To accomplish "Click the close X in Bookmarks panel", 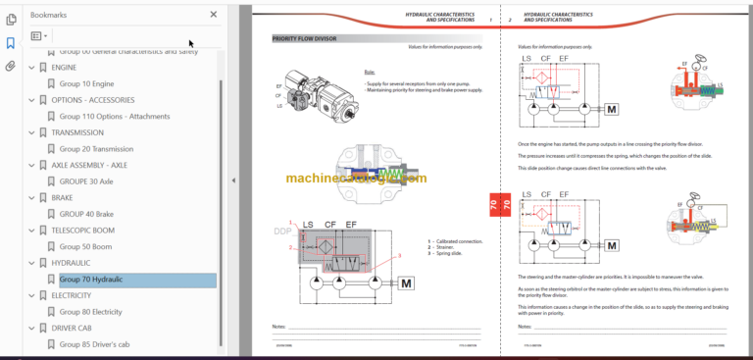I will [214, 15].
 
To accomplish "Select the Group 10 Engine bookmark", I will [86, 83].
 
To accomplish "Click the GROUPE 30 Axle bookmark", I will [86, 181].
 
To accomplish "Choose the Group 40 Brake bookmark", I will [86, 214].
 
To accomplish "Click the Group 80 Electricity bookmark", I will [91, 312].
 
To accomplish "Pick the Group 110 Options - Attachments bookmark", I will [114, 117].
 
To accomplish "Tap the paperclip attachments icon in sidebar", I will [11, 67].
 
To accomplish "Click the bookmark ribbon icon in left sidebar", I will [11, 43].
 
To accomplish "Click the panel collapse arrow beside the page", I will [233, 180].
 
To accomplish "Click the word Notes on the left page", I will [279, 326].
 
